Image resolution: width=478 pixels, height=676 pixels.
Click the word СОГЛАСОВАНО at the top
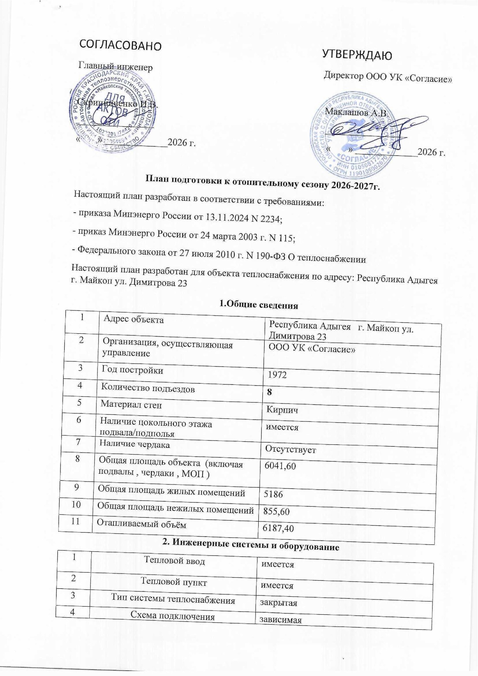coord(121,45)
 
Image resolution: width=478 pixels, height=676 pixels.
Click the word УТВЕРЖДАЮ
coord(357,55)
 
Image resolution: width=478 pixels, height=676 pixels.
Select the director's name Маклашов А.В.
coord(356,113)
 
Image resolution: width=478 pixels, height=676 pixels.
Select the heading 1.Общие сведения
coord(259,305)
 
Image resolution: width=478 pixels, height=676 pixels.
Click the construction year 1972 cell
coord(277,375)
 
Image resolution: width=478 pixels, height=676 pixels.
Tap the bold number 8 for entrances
coord(269,392)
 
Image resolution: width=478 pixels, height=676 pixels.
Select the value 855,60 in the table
coord(274,511)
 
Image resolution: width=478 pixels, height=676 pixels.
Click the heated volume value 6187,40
coord(276,528)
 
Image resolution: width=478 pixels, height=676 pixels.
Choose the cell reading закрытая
coord(278,603)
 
